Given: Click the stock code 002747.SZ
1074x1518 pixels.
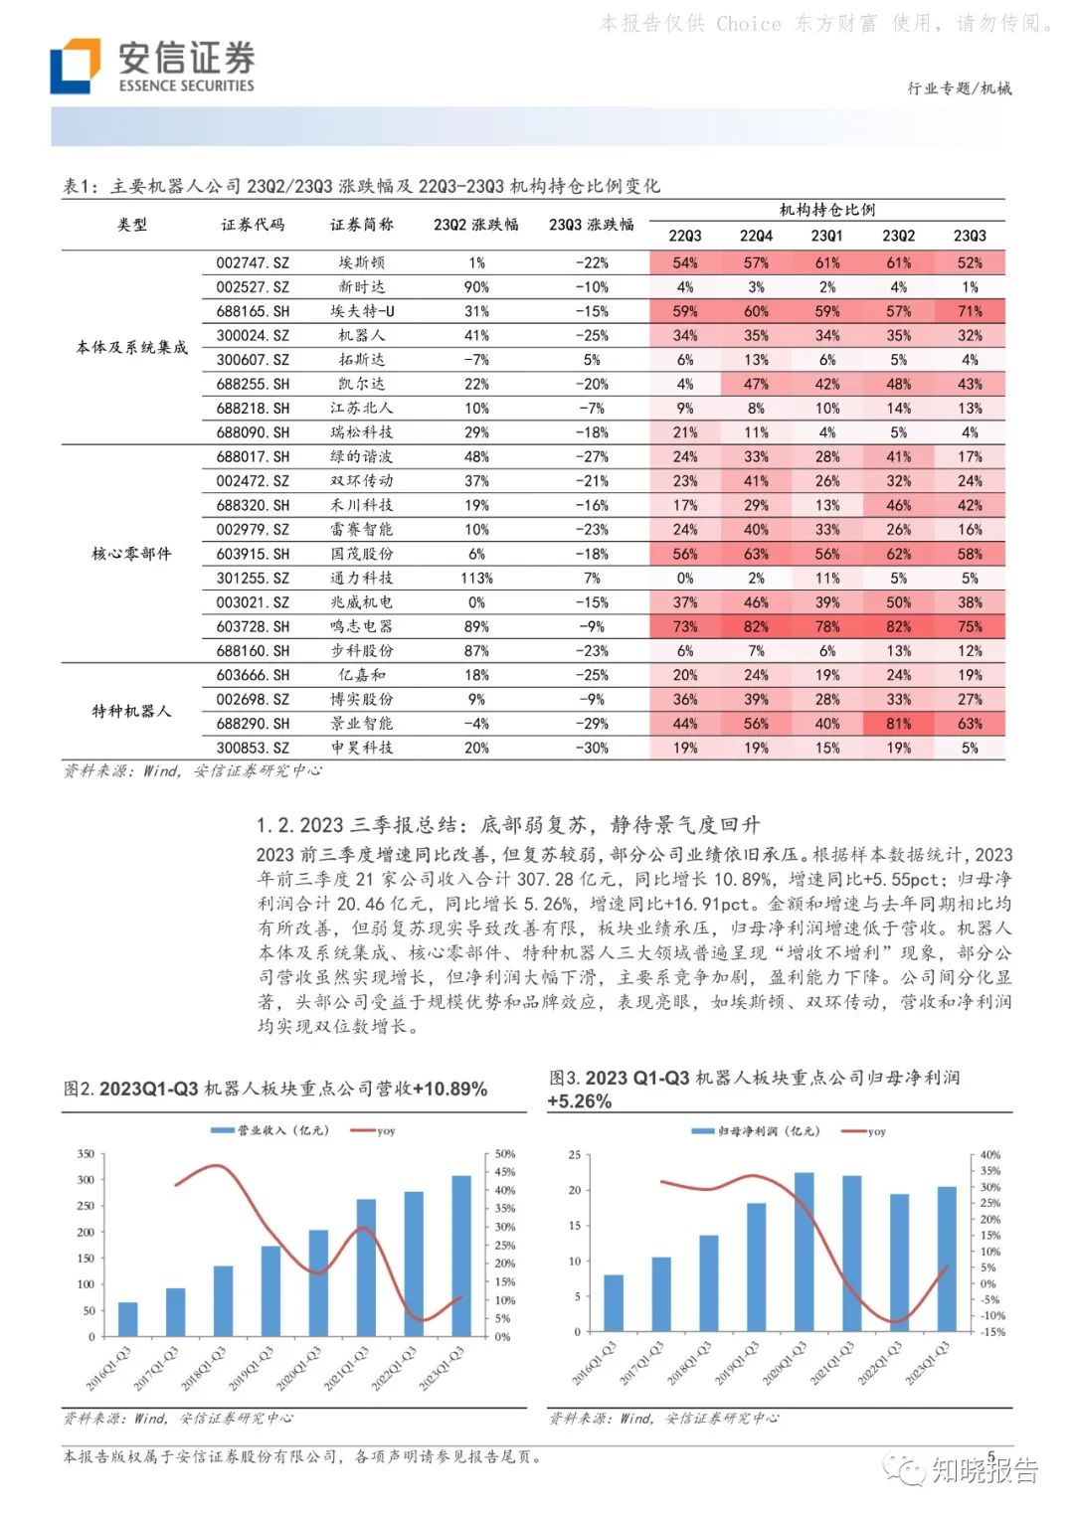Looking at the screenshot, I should pyautogui.click(x=253, y=263).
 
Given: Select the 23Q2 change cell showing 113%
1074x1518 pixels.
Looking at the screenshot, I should pyautogui.click(x=476, y=579).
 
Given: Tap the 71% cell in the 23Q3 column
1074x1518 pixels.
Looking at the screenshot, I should pyautogui.click(x=970, y=312).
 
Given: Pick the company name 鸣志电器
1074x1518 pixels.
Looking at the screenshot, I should pyautogui.click(x=361, y=627).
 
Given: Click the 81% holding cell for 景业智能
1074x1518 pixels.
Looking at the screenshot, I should pyautogui.click(x=898, y=724).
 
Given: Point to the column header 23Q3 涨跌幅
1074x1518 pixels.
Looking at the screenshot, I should pyautogui.click(x=591, y=225).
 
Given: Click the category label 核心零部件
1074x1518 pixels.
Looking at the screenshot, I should pyautogui.click(x=131, y=554).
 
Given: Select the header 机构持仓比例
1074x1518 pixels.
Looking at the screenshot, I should pyautogui.click(x=826, y=210).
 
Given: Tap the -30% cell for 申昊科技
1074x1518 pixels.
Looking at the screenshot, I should pyautogui.click(x=592, y=749).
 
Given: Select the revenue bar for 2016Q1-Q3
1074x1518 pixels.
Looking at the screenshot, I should pyautogui.click(x=127, y=1318).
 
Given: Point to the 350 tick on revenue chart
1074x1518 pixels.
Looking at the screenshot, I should pyautogui.click(x=86, y=1154).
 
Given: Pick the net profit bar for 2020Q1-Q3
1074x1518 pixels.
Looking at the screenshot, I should pyautogui.click(x=804, y=1252).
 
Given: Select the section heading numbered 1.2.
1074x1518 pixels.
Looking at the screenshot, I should pyautogui.click(x=507, y=825).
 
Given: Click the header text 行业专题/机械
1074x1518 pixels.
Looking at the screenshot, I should pyautogui.click(x=959, y=88).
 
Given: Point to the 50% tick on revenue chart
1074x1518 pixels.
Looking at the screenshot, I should pyautogui.click(x=505, y=1154).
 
